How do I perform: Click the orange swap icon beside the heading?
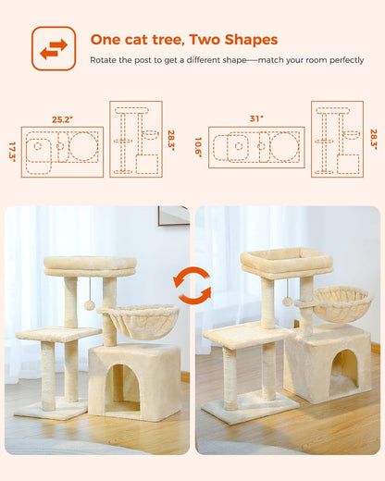(x=53, y=48)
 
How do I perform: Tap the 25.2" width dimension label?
(x=62, y=119)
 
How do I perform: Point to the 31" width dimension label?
(x=256, y=119)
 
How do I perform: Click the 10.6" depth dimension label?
(x=200, y=147)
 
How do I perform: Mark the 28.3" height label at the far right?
(x=373, y=139)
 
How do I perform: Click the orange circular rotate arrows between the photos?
(x=192, y=286)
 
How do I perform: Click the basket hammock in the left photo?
(x=139, y=320)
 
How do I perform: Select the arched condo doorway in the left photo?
(x=123, y=385)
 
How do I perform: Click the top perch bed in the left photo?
(x=90, y=265)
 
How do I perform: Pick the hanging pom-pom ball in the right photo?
(x=288, y=302)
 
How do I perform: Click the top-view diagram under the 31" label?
(x=256, y=147)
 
